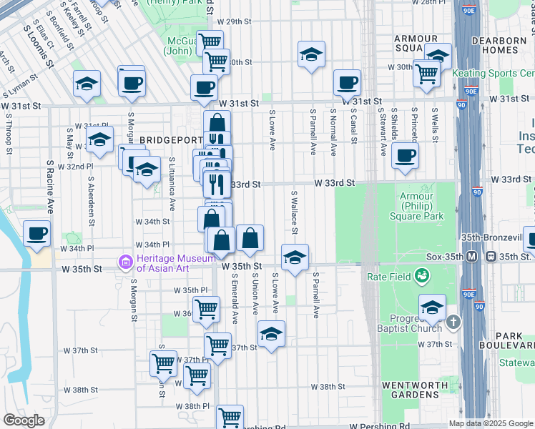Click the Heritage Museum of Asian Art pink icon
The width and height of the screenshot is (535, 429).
coord(127,263)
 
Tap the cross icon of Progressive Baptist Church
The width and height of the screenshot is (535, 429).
coord(452,323)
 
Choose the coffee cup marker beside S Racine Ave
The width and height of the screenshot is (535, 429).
coord(36,232)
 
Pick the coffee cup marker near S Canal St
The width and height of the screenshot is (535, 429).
coord(347,82)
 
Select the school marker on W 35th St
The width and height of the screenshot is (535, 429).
coord(295,258)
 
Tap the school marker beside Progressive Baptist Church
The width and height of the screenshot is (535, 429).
coord(432,308)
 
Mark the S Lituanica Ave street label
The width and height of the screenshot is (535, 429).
coord(172,184)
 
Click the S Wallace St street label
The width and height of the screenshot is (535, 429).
coord(293,211)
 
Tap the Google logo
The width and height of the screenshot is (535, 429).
coord(24,420)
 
